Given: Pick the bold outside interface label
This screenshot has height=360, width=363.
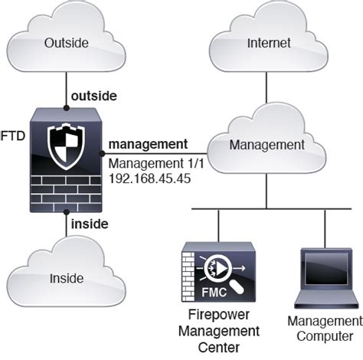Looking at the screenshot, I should [93, 96].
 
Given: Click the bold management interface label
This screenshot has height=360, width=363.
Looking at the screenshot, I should [148, 143].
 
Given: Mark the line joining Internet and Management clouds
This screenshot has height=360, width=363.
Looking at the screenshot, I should [266, 93].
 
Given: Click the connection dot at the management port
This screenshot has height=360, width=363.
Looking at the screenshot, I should [102, 154].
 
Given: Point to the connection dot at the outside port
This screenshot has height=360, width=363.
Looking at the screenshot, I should [65, 105].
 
